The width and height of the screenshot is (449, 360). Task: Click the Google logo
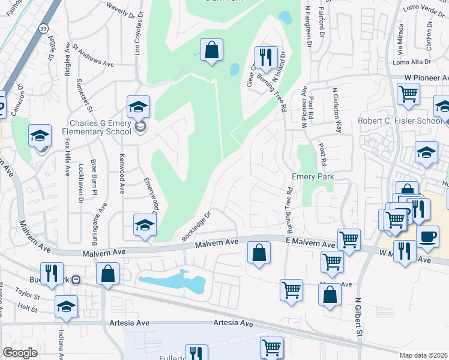pyautogui.click(x=20, y=353)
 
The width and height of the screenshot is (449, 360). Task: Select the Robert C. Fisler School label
pyautogui.click(x=400, y=120)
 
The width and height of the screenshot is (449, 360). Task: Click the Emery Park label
pyautogui.click(x=312, y=177)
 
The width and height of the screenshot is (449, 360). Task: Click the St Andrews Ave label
pyautogui.click(x=93, y=54)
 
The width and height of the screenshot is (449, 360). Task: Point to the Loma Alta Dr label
pyautogui.click(x=412, y=62)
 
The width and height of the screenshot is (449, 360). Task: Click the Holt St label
pyautogui.click(x=27, y=310)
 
